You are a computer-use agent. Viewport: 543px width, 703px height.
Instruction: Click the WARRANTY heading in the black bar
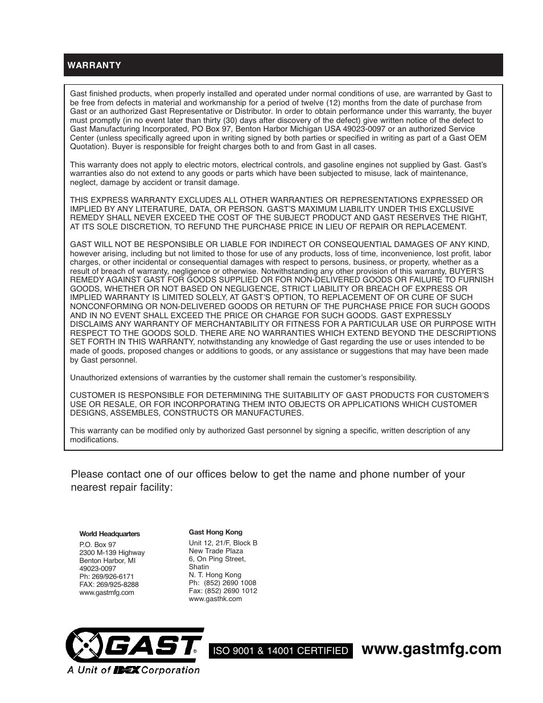click(94, 65)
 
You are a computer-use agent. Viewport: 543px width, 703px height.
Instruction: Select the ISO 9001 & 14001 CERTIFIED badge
click(279, 651)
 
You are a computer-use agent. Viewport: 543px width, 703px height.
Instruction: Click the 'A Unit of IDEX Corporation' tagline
click(134, 670)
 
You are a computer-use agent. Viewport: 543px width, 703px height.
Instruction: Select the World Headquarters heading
click(109, 534)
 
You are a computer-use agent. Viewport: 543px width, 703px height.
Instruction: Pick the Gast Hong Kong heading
click(215, 532)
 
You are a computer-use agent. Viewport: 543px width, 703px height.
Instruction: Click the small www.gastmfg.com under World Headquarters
click(106, 593)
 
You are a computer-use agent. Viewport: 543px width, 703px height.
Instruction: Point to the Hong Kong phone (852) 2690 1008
click(223, 583)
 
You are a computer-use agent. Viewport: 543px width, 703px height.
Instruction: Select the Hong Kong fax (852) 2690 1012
click(223, 591)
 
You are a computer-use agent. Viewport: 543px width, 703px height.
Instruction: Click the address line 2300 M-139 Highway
click(112, 553)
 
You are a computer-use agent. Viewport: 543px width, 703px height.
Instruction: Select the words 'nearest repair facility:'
click(121, 488)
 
